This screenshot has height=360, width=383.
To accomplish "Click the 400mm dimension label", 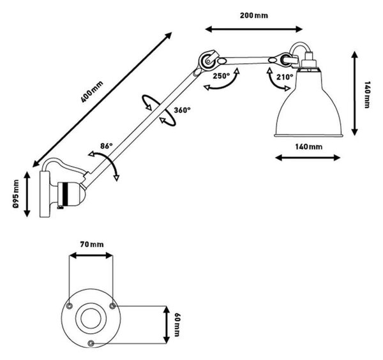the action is pyautogui.click(x=92, y=92).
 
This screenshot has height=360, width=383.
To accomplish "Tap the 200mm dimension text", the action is pyautogui.click(x=254, y=15).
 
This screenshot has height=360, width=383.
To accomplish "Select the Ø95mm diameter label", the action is pyautogui.click(x=16, y=193).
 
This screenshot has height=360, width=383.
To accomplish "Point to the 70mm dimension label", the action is pyautogui.click(x=92, y=244).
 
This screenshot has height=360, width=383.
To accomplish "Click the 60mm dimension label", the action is pyautogui.click(x=176, y=324).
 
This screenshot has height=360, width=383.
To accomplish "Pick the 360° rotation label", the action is pyautogui.click(x=182, y=110).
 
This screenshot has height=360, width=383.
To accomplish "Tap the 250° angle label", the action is pyautogui.click(x=222, y=76).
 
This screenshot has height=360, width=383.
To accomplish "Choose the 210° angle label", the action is pyautogui.click(x=285, y=77).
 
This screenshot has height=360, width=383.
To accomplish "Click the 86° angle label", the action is pyautogui.click(x=107, y=146).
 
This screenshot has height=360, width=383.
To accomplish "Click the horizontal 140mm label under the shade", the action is pyautogui.click(x=309, y=147).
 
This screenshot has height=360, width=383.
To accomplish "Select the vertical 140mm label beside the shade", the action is pyautogui.click(x=367, y=94).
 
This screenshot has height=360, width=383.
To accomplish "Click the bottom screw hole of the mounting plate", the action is pyautogui.click(x=91, y=343).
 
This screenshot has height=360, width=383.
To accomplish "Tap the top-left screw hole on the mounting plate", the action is pyautogui.click(x=70, y=306).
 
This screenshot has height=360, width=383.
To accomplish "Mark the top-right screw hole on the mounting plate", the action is pyautogui.click(x=112, y=306).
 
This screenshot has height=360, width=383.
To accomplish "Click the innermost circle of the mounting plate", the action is pyautogui.click(x=91, y=319).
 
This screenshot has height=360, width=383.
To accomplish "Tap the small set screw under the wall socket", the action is pyautogui.click(x=61, y=207).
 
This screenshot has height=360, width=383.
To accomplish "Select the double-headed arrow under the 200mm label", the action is pyautogui.click(x=254, y=29).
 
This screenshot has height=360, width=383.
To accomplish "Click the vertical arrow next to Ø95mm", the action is pyautogui.click(x=27, y=194).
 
